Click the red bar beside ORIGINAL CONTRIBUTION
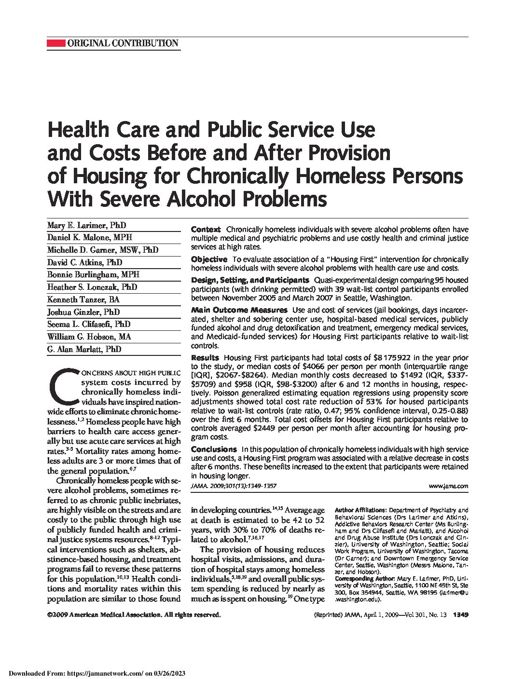(56, 43)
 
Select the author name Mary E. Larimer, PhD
(86, 226)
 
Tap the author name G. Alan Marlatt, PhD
(84, 349)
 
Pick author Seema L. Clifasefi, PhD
(89, 325)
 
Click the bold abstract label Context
(206, 230)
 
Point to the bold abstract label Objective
(209, 259)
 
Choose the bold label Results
(205, 358)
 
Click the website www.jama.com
(448, 487)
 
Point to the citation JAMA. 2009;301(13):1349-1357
(234, 487)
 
